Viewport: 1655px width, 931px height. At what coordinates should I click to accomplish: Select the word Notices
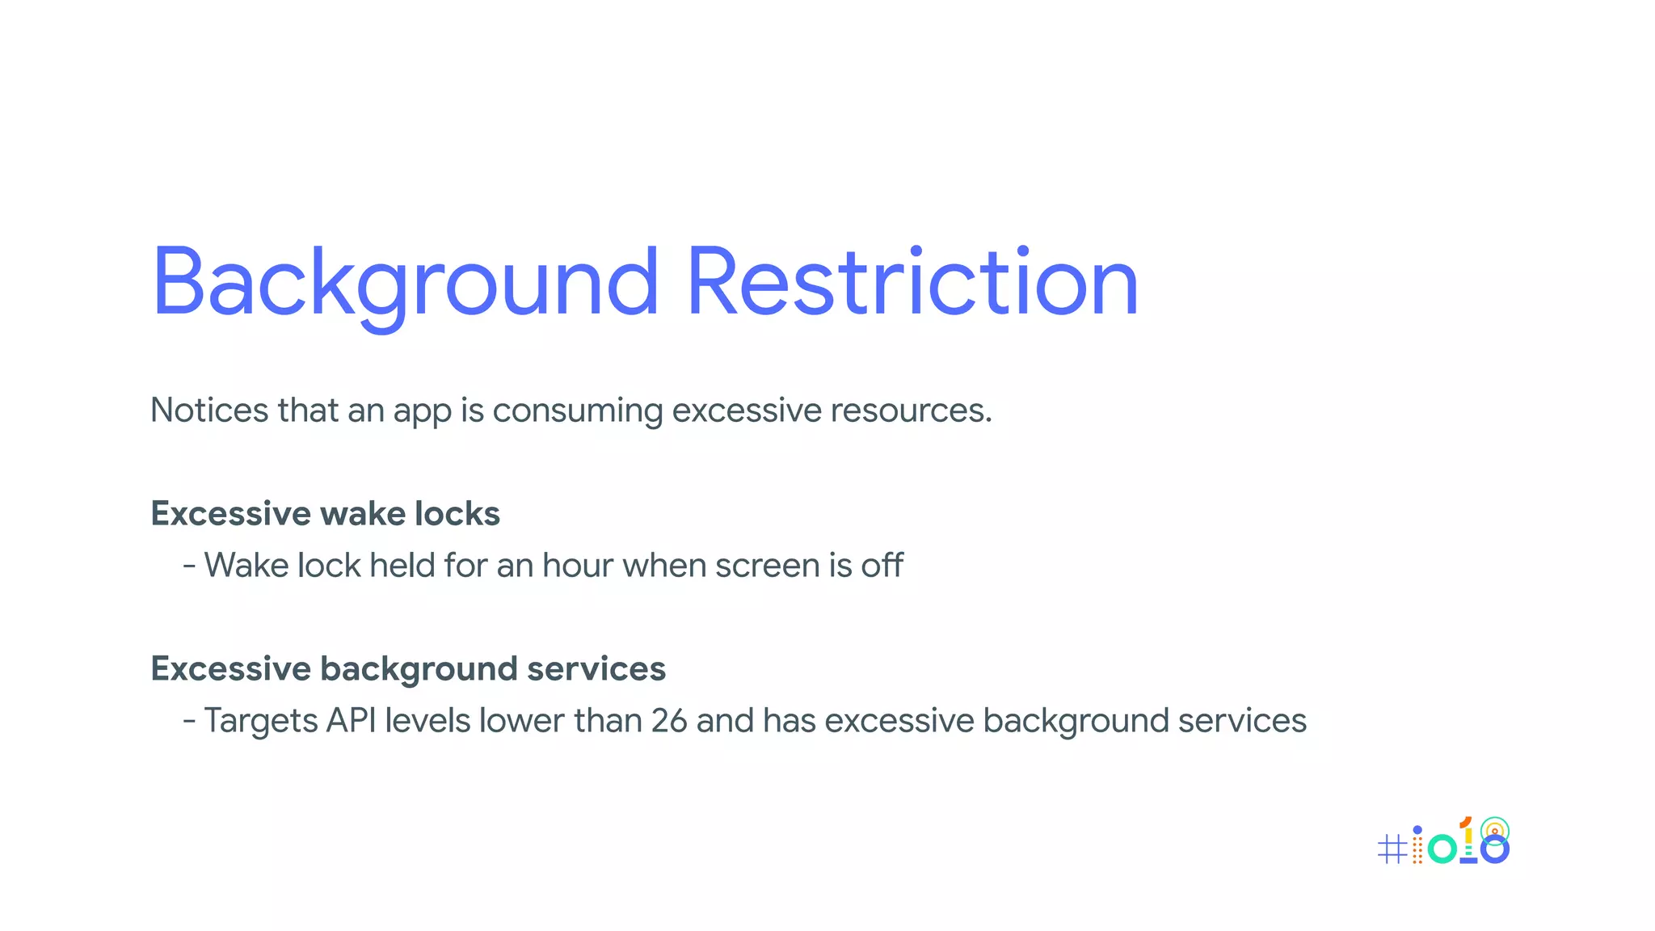click(x=209, y=410)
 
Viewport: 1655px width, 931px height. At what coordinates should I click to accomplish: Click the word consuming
click(x=577, y=411)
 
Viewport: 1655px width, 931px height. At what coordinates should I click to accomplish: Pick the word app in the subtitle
click(x=423, y=413)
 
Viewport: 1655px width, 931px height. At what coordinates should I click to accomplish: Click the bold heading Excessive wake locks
click(x=325, y=514)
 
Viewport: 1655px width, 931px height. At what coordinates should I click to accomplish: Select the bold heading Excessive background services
click(x=408, y=669)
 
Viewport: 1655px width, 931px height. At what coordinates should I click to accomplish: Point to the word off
click(x=882, y=565)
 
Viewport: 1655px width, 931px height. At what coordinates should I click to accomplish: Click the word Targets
click(x=260, y=721)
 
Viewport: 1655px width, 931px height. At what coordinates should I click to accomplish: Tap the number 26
click(x=669, y=720)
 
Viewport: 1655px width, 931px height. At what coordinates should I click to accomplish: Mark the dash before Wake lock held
click(x=189, y=565)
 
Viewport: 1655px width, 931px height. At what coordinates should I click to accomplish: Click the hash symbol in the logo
click(x=1392, y=849)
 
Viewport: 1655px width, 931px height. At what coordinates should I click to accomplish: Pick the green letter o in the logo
click(x=1442, y=849)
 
